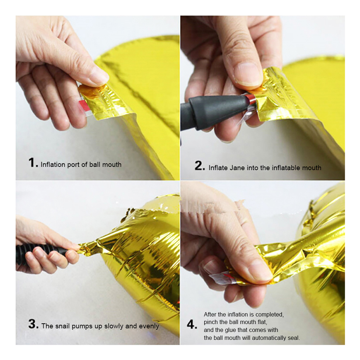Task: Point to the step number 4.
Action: tap(191, 325)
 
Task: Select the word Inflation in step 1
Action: tap(53, 165)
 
